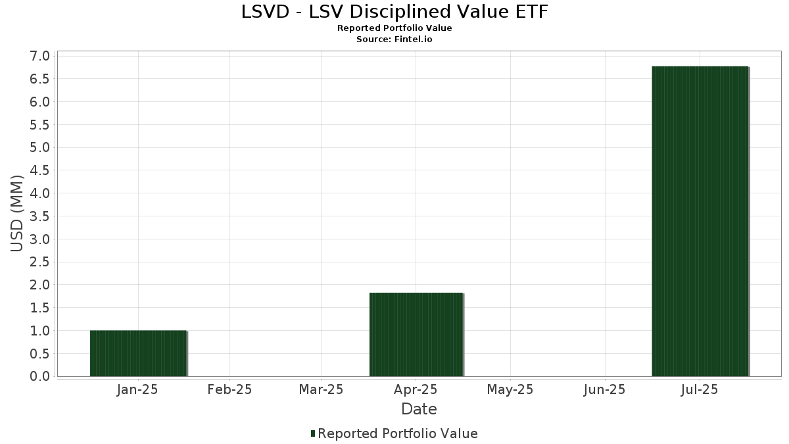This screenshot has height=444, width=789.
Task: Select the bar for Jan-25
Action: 139,353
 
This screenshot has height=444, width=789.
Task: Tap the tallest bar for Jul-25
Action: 700,221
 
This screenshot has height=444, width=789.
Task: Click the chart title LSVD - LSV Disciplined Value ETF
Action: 394,12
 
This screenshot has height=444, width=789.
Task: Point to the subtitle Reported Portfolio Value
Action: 394,28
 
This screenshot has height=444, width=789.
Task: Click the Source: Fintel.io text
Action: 394,39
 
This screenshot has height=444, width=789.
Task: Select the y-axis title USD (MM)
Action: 17,213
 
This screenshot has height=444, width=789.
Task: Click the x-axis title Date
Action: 419,409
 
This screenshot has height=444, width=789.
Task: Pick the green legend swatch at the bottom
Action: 313,433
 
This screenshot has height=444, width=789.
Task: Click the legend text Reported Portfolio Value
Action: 398,433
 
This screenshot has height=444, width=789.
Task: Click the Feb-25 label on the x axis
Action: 229,389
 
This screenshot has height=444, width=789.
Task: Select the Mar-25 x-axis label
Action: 321,389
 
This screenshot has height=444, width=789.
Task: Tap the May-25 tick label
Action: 510,389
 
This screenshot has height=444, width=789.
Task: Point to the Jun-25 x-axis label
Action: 604,389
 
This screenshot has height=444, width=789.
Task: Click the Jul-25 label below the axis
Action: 699,389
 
